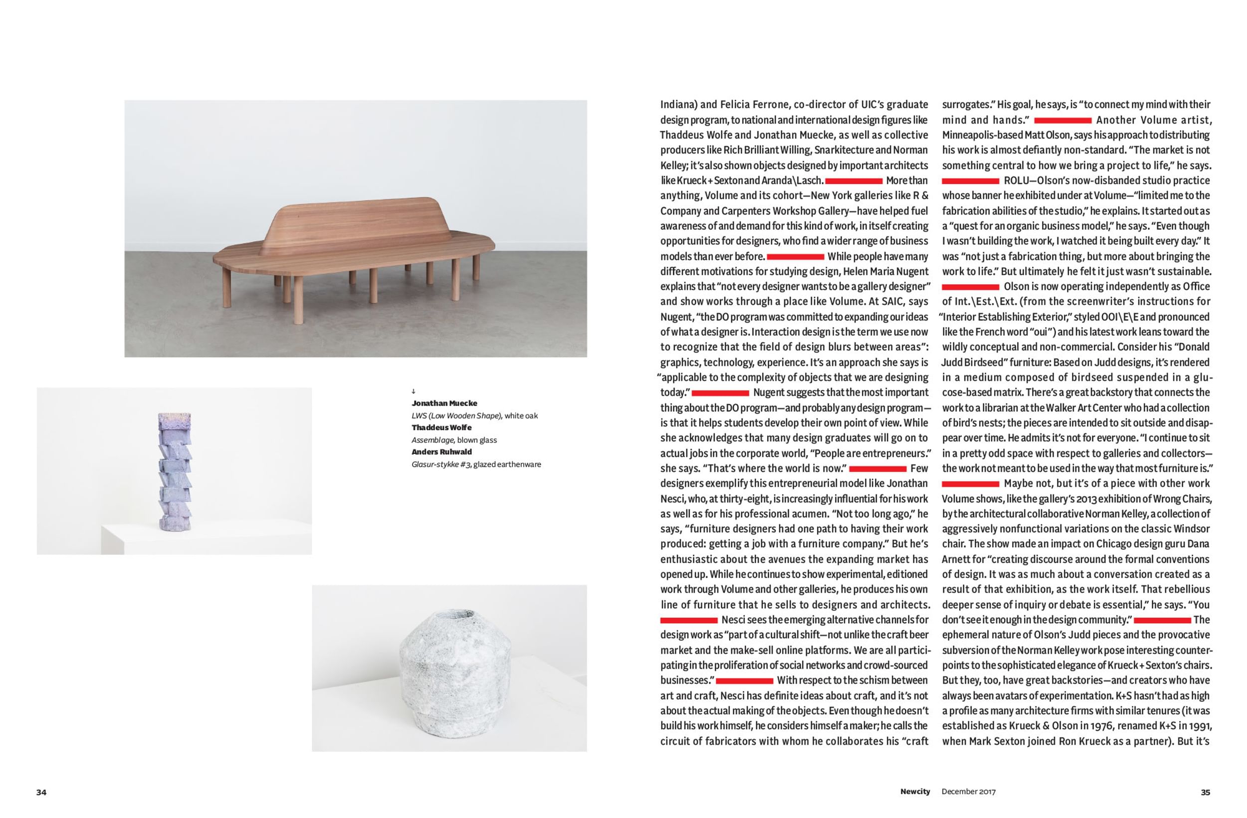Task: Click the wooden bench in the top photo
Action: tap(354, 246)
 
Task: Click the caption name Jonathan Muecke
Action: tap(444, 403)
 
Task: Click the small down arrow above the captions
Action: tap(414, 391)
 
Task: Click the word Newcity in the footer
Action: tap(915, 791)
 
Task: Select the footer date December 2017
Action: tap(968, 792)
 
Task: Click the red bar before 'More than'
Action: tap(853, 181)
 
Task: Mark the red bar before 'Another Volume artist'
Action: tap(1062, 121)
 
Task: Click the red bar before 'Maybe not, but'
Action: tap(970, 484)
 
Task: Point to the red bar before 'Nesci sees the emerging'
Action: tap(688, 621)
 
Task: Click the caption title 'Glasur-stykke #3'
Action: tap(441, 464)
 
